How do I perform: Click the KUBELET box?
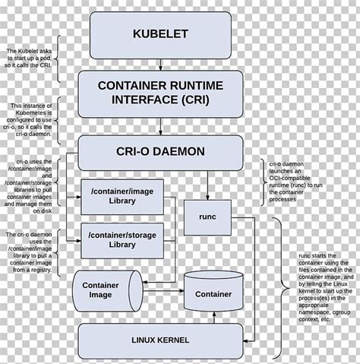point(159,35)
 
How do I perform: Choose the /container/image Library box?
point(122,195)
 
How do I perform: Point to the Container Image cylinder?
point(106,290)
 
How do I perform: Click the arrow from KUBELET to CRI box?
point(160,65)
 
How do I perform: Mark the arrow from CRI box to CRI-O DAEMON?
point(160,125)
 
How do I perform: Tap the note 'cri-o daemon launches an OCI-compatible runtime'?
point(298,182)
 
